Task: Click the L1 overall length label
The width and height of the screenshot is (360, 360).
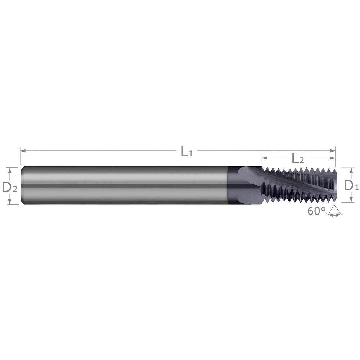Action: pos(186,152)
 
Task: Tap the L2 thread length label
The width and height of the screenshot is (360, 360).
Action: pos(298,158)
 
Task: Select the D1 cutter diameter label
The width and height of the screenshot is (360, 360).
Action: pos(351,185)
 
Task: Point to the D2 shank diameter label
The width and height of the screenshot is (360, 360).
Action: pos(9,186)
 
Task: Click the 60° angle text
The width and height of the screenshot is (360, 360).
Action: pos(316,211)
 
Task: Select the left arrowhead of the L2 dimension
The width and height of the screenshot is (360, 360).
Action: pos(264,158)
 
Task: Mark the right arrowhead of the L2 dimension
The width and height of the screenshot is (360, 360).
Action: pos(333,158)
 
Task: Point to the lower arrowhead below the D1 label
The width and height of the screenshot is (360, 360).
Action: pos(351,200)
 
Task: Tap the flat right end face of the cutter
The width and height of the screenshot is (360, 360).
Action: pos(335,185)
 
